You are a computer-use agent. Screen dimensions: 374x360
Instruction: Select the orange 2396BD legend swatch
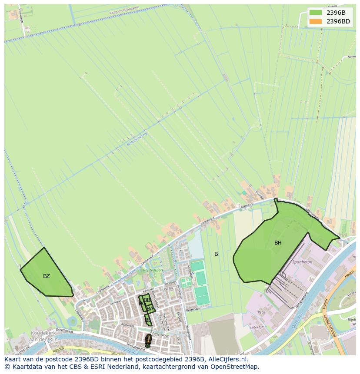tap(316, 21)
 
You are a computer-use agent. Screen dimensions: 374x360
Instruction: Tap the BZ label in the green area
tap(47, 276)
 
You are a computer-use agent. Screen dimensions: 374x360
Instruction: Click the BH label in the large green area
tap(278, 243)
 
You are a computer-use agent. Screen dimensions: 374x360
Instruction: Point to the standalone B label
tap(216, 254)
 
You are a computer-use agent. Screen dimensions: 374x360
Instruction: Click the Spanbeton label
tap(303, 262)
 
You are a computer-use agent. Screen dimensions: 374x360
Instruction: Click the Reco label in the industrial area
tap(262, 312)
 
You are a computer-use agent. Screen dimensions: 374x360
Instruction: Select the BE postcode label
tap(148, 320)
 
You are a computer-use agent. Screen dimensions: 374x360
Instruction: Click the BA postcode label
tap(150, 309)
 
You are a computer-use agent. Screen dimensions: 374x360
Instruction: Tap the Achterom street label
tap(127, 325)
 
